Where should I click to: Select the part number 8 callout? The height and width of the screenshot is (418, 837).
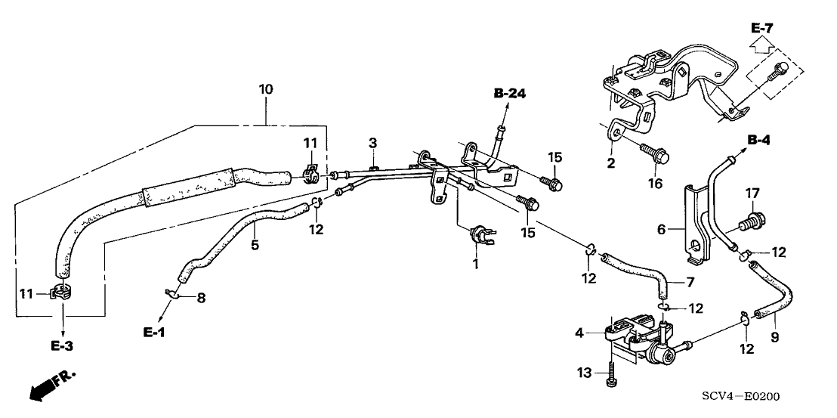click(201, 299)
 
